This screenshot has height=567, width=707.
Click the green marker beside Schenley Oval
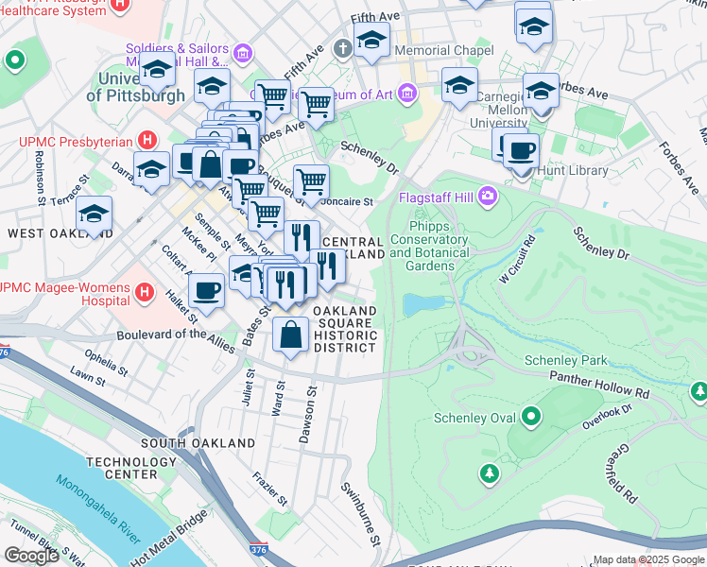(x=531, y=417)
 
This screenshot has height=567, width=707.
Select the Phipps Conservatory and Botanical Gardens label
(x=428, y=246)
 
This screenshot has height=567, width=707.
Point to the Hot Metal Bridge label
(x=168, y=541)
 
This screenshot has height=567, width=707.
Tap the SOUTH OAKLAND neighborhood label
(x=198, y=442)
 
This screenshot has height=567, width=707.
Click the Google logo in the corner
(x=31, y=555)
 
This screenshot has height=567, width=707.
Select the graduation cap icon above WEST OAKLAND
(x=95, y=213)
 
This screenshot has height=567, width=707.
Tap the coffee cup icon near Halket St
(x=206, y=291)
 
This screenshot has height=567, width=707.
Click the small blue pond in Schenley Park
(x=420, y=304)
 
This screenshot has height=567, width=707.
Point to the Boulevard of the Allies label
(x=176, y=335)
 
